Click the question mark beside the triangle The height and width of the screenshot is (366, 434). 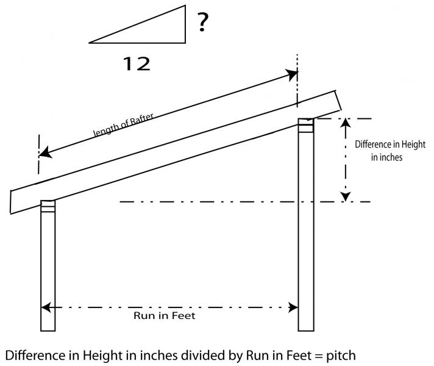204,23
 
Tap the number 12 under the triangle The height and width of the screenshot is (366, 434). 137,63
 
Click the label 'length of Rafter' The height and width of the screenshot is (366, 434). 124,123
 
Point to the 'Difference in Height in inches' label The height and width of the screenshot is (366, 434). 390,151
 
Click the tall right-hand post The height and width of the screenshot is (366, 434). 305,232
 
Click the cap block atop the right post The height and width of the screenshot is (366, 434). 305,124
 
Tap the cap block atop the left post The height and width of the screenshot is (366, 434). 48,207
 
